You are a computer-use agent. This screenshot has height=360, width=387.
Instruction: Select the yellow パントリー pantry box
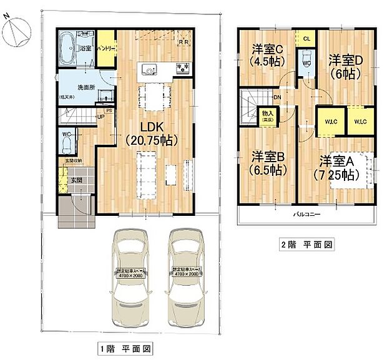[x=105, y=47]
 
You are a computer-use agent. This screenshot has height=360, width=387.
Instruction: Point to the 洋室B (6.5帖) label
[x=270, y=162]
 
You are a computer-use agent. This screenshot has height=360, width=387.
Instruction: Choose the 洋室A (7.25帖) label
[x=337, y=167]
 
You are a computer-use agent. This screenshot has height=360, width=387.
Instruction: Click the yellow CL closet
[x=306, y=39]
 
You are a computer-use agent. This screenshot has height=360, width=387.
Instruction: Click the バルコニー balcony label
[x=306, y=215]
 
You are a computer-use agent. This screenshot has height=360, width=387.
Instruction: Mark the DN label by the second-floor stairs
[x=277, y=98]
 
